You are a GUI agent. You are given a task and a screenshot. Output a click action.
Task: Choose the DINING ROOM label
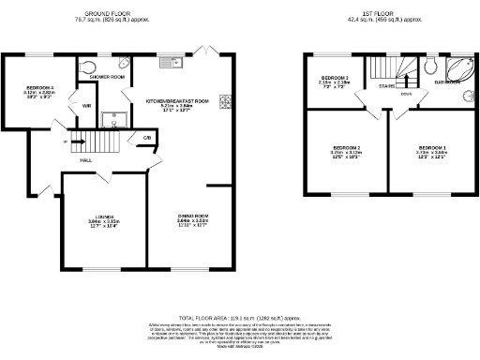click(x=193, y=217)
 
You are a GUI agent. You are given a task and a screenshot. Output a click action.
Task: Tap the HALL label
click(x=85, y=160)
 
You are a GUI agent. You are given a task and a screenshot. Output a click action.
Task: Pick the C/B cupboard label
click(x=147, y=139)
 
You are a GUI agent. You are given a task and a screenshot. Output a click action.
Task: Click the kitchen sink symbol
click(x=170, y=64)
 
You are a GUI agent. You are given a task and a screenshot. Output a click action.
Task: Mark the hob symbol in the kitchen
click(x=226, y=102)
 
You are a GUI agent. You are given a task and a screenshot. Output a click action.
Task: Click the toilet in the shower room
click(x=88, y=67)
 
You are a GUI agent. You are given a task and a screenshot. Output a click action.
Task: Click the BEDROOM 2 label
click(x=346, y=148)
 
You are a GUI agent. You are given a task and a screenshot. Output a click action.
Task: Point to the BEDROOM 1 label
click(x=432, y=148)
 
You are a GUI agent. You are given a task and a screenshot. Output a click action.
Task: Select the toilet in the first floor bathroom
click(x=428, y=67)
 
